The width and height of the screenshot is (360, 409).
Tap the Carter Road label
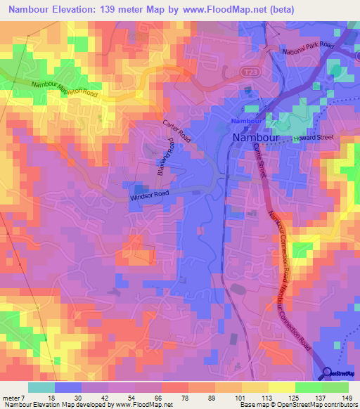click(x=177, y=130)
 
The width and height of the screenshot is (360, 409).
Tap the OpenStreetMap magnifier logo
click(x=328, y=373)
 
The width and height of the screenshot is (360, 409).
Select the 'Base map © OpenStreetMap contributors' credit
click(x=298, y=405)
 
